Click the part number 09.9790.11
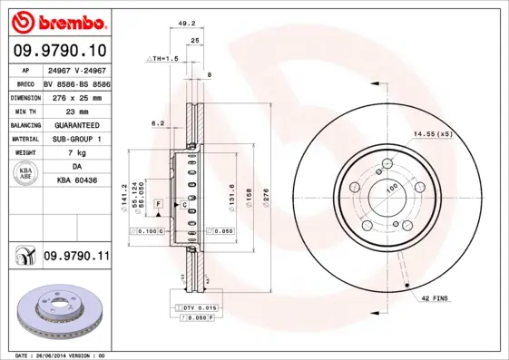pyautogui.click(x=76, y=258)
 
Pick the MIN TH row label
pyautogui.click(x=24, y=109)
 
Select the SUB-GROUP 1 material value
pyautogui.click(x=76, y=139)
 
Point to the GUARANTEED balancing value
pyautogui.click(x=76, y=123)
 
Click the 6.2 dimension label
pyautogui.click(x=158, y=123)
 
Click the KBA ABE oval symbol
pyautogui.click(x=24, y=174)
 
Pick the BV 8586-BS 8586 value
pyautogui.click(x=76, y=82)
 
